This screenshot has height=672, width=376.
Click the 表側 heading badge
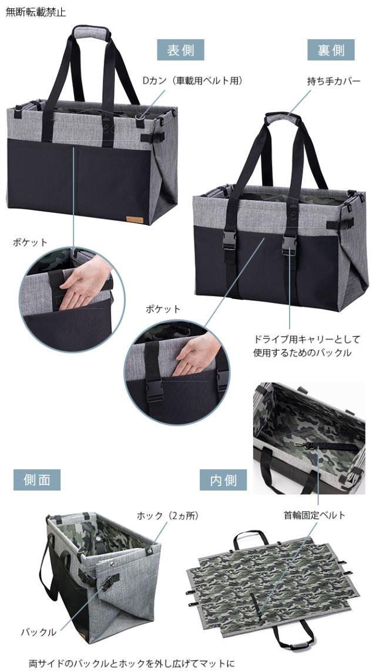point(180,50)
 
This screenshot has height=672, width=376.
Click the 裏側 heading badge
point(331,50)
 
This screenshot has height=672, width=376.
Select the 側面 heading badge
point(36,480)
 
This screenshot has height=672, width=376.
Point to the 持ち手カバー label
point(333,80)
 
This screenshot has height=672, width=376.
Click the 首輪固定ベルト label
point(315,515)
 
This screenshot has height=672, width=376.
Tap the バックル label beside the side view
point(39,632)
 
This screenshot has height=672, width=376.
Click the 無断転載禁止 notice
point(36,12)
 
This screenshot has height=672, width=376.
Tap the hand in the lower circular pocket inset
point(196,356)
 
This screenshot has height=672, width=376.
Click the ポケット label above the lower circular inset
point(163,308)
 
